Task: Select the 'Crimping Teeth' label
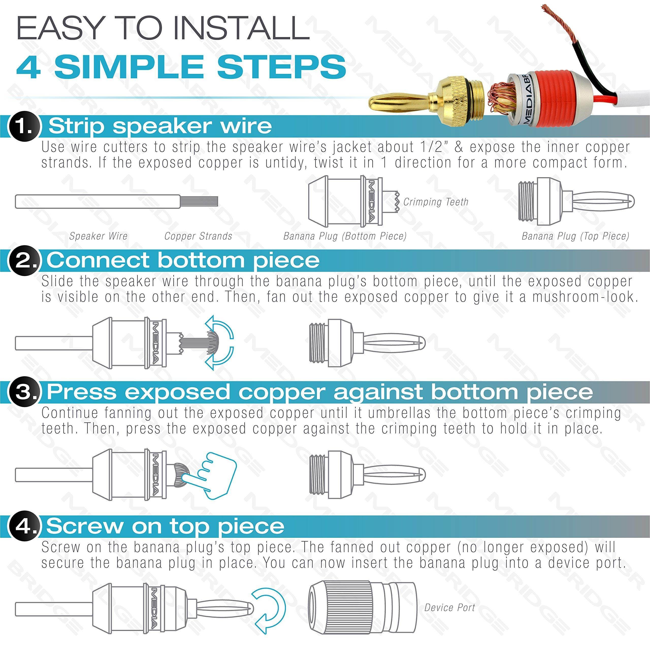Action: point(435,202)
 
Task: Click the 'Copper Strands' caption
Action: point(198,236)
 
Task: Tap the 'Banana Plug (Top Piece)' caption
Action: point(575,236)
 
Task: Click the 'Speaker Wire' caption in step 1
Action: point(98,236)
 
